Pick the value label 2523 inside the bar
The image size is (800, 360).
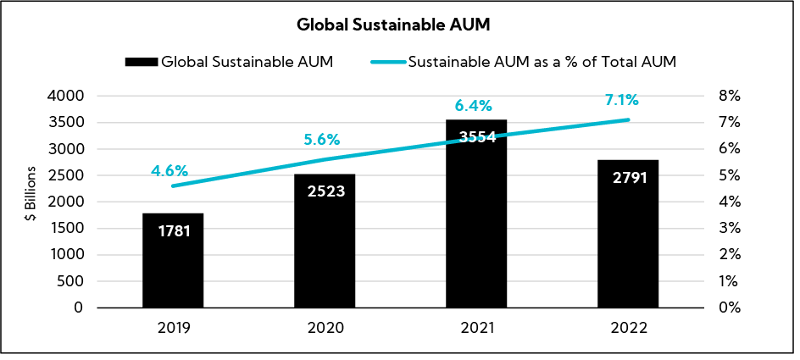(x=325, y=191)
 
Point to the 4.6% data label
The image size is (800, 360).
(x=169, y=171)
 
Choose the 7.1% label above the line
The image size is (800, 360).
(x=621, y=101)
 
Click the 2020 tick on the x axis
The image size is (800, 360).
(x=325, y=328)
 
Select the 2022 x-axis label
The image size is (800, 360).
(x=628, y=328)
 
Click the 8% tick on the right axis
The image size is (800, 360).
(x=730, y=96)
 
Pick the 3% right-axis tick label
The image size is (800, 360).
(x=730, y=229)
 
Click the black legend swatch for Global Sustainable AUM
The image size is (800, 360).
(x=141, y=62)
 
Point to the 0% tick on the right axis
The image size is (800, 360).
(x=730, y=307)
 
